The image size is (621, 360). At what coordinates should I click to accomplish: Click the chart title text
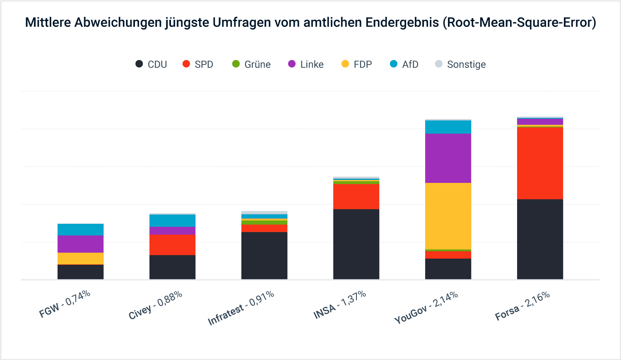(x=310, y=22)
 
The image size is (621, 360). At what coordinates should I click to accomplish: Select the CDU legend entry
(x=152, y=65)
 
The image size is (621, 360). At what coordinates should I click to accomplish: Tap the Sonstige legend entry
(x=460, y=65)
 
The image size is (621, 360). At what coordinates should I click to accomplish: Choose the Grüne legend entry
(x=251, y=65)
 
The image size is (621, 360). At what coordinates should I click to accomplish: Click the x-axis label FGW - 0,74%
(x=65, y=304)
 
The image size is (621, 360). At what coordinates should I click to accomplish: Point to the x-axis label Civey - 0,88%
(x=156, y=305)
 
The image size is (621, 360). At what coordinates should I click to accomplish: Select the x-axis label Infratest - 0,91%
(x=241, y=308)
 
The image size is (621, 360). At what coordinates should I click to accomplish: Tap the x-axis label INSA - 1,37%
(x=340, y=305)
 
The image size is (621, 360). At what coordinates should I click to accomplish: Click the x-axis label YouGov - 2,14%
(x=426, y=307)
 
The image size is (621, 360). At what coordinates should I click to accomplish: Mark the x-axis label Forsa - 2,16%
(x=522, y=306)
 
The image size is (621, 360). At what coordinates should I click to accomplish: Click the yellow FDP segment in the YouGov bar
(x=448, y=216)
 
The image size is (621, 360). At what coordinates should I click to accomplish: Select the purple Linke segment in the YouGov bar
(x=448, y=158)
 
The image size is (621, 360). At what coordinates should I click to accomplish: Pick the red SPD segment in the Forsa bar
(x=540, y=163)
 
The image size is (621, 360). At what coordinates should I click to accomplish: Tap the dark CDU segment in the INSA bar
(x=356, y=244)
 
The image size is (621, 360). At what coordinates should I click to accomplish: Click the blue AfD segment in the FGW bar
(x=80, y=230)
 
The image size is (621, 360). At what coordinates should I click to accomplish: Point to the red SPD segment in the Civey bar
(x=172, y=245)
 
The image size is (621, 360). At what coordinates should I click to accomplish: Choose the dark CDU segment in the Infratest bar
(x=264, y=256)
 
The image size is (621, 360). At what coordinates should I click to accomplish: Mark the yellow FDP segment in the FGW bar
(x=80, y=259)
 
